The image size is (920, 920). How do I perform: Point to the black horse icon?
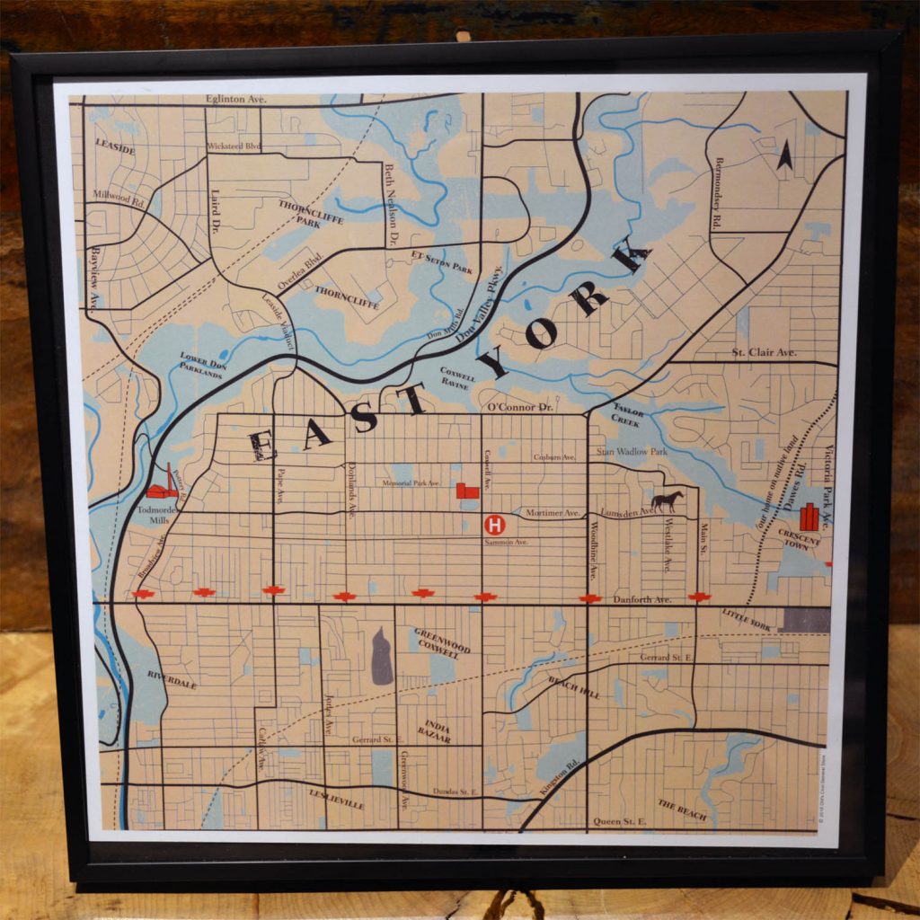click(667, 501)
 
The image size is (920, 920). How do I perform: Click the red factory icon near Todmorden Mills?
click(163, 486)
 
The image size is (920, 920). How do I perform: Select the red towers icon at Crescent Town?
click(809, 517)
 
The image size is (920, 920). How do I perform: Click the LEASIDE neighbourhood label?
click(114, 147)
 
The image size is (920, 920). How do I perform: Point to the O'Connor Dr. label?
click(519, 407)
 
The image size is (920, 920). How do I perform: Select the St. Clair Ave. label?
click(764, 352)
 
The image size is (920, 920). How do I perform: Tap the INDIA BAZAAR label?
click(438, 731)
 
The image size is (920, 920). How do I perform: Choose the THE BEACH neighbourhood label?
click(682, 809)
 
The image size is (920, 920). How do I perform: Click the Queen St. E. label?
click(620, 821)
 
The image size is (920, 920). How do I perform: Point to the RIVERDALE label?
click(172, 679)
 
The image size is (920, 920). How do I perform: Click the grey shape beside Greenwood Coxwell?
click(382, 657)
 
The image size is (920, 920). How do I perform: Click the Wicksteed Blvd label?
click(233, 146)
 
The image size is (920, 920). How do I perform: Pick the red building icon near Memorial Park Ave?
click(467, 490)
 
